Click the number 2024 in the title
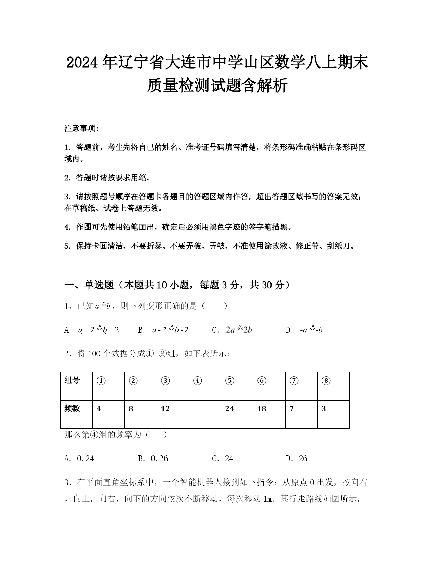coord(83,63)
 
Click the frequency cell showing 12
coord(165,409)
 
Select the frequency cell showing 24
coord(229,409)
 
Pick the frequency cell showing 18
coord(262,409)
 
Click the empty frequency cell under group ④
coord(205,414)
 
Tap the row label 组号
coord(72,380)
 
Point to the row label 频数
coord(72,409)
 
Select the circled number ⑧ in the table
coord(326,381)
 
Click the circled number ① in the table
coord(101,381)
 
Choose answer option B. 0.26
coord(153,459)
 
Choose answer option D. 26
coord(296,459)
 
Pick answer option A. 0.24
coord(79,459)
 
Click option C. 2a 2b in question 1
coord(232,330)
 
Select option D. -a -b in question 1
coord(304,330)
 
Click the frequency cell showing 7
coord(291,409)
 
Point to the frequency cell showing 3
coord(324,409)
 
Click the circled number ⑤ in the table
coord(230,381)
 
